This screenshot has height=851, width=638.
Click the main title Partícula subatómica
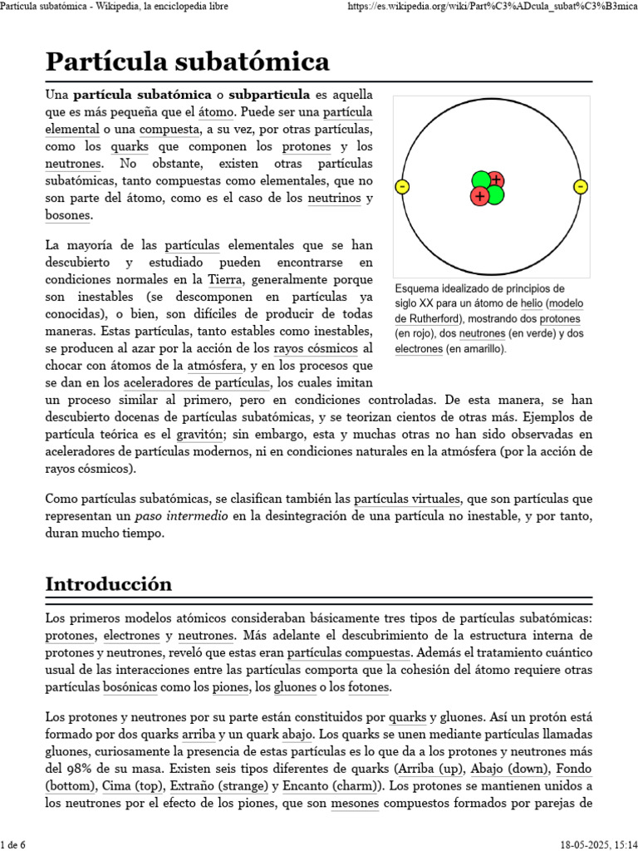pyautogui.click(x=187, y=61)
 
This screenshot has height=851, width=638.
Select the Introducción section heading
pyautogui.click(x=108, y=583)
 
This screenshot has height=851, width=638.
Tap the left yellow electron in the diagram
pyautogui.click(x=402, y=187)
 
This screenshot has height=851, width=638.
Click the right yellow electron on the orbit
pyautogui.click(x=581, y=186)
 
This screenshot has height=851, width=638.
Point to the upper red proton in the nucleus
pyautogui.click(x=495, y=180)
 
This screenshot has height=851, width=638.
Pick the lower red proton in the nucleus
pyautogui.click(x=479, y=196)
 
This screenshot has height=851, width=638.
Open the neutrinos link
pyautogui.click(x=335, y=199)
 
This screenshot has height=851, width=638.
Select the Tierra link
pyautogui.click(x=226, y=278)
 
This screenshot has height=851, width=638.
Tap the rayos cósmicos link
pyautogui.click(x=317, y=348)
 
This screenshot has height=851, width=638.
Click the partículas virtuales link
pyautogui.click(x=407, y=499)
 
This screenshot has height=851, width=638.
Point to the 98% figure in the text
pyautogui.click(x=96, y=768)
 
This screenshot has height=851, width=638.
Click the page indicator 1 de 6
pyautogui.click(x=13, y=844)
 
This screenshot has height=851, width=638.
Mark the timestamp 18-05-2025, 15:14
pyautogui.click(x=591, y=844)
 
